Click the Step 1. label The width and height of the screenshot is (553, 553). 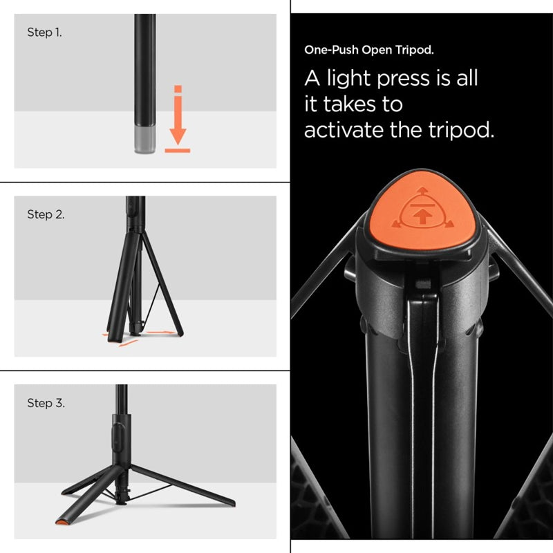pyautogui.click(x=44, y=32)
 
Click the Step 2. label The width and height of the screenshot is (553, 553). pyautogui.click(x=46, y=214)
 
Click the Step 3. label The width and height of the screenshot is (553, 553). pyautogui.click(x=46, y=403)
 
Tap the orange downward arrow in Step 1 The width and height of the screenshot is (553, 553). pyautogui.click(x=178, y=124)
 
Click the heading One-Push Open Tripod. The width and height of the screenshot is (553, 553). pyautogui.click(x=369, y=50)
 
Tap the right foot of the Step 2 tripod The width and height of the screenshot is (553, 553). pyautogui.click(x=180, y=332)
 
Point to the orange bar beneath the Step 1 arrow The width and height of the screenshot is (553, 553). pyautogui.click(x=178, y=150)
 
